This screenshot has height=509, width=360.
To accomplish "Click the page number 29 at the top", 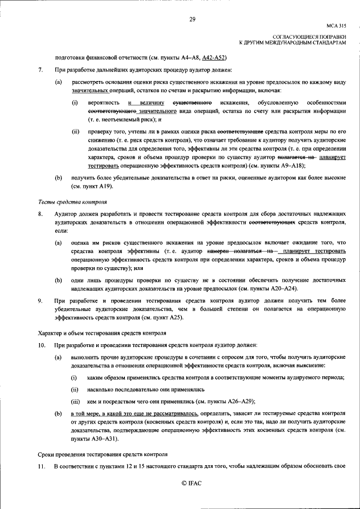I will click(192, 20).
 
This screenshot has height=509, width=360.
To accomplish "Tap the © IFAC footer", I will click(191, 483).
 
